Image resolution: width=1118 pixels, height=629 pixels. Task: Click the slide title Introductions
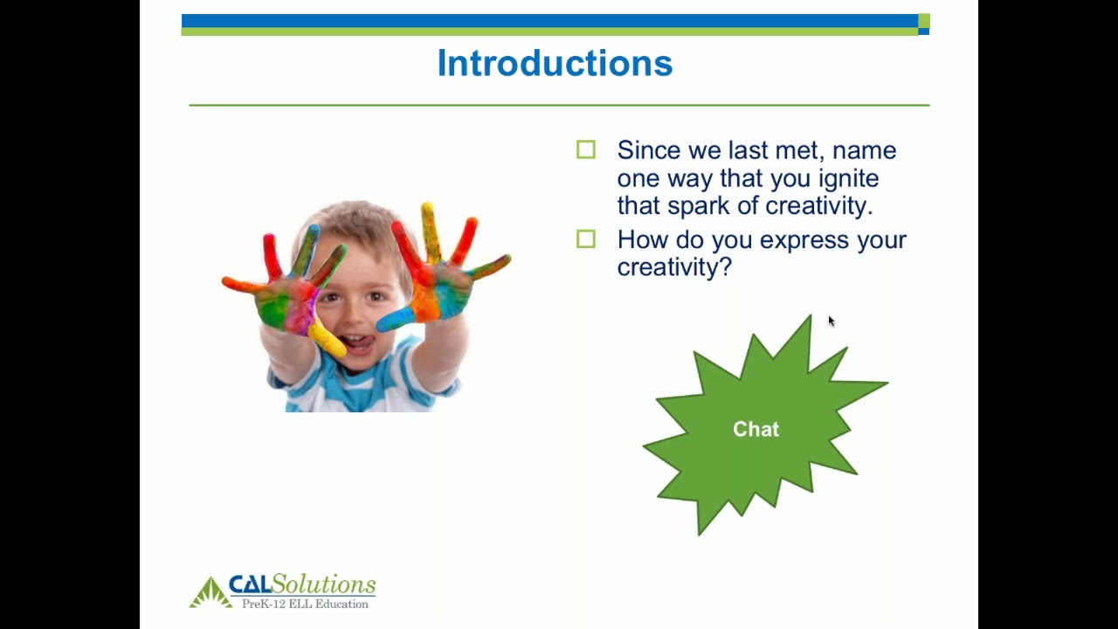[555, 64]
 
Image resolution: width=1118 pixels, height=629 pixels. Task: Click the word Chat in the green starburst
[756, 429]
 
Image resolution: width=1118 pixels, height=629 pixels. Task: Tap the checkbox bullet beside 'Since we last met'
[586, 150]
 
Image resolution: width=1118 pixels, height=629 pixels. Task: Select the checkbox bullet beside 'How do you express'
[586, 239]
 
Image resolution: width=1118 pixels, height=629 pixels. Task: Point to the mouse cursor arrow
[831, 321]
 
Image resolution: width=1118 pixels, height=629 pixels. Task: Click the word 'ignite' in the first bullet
[848, 179]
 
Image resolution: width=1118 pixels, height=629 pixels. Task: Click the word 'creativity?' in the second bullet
[674, 267]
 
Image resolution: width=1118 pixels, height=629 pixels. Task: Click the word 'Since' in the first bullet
[648, 150]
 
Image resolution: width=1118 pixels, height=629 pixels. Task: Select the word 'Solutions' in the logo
[324, 584]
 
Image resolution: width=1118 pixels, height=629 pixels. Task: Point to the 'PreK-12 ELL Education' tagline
[305, 604]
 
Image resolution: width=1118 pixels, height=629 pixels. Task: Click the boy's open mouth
[359, 342]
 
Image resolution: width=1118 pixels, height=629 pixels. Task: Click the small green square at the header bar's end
[924, 21]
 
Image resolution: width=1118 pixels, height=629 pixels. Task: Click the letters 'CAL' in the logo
[250, 584]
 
